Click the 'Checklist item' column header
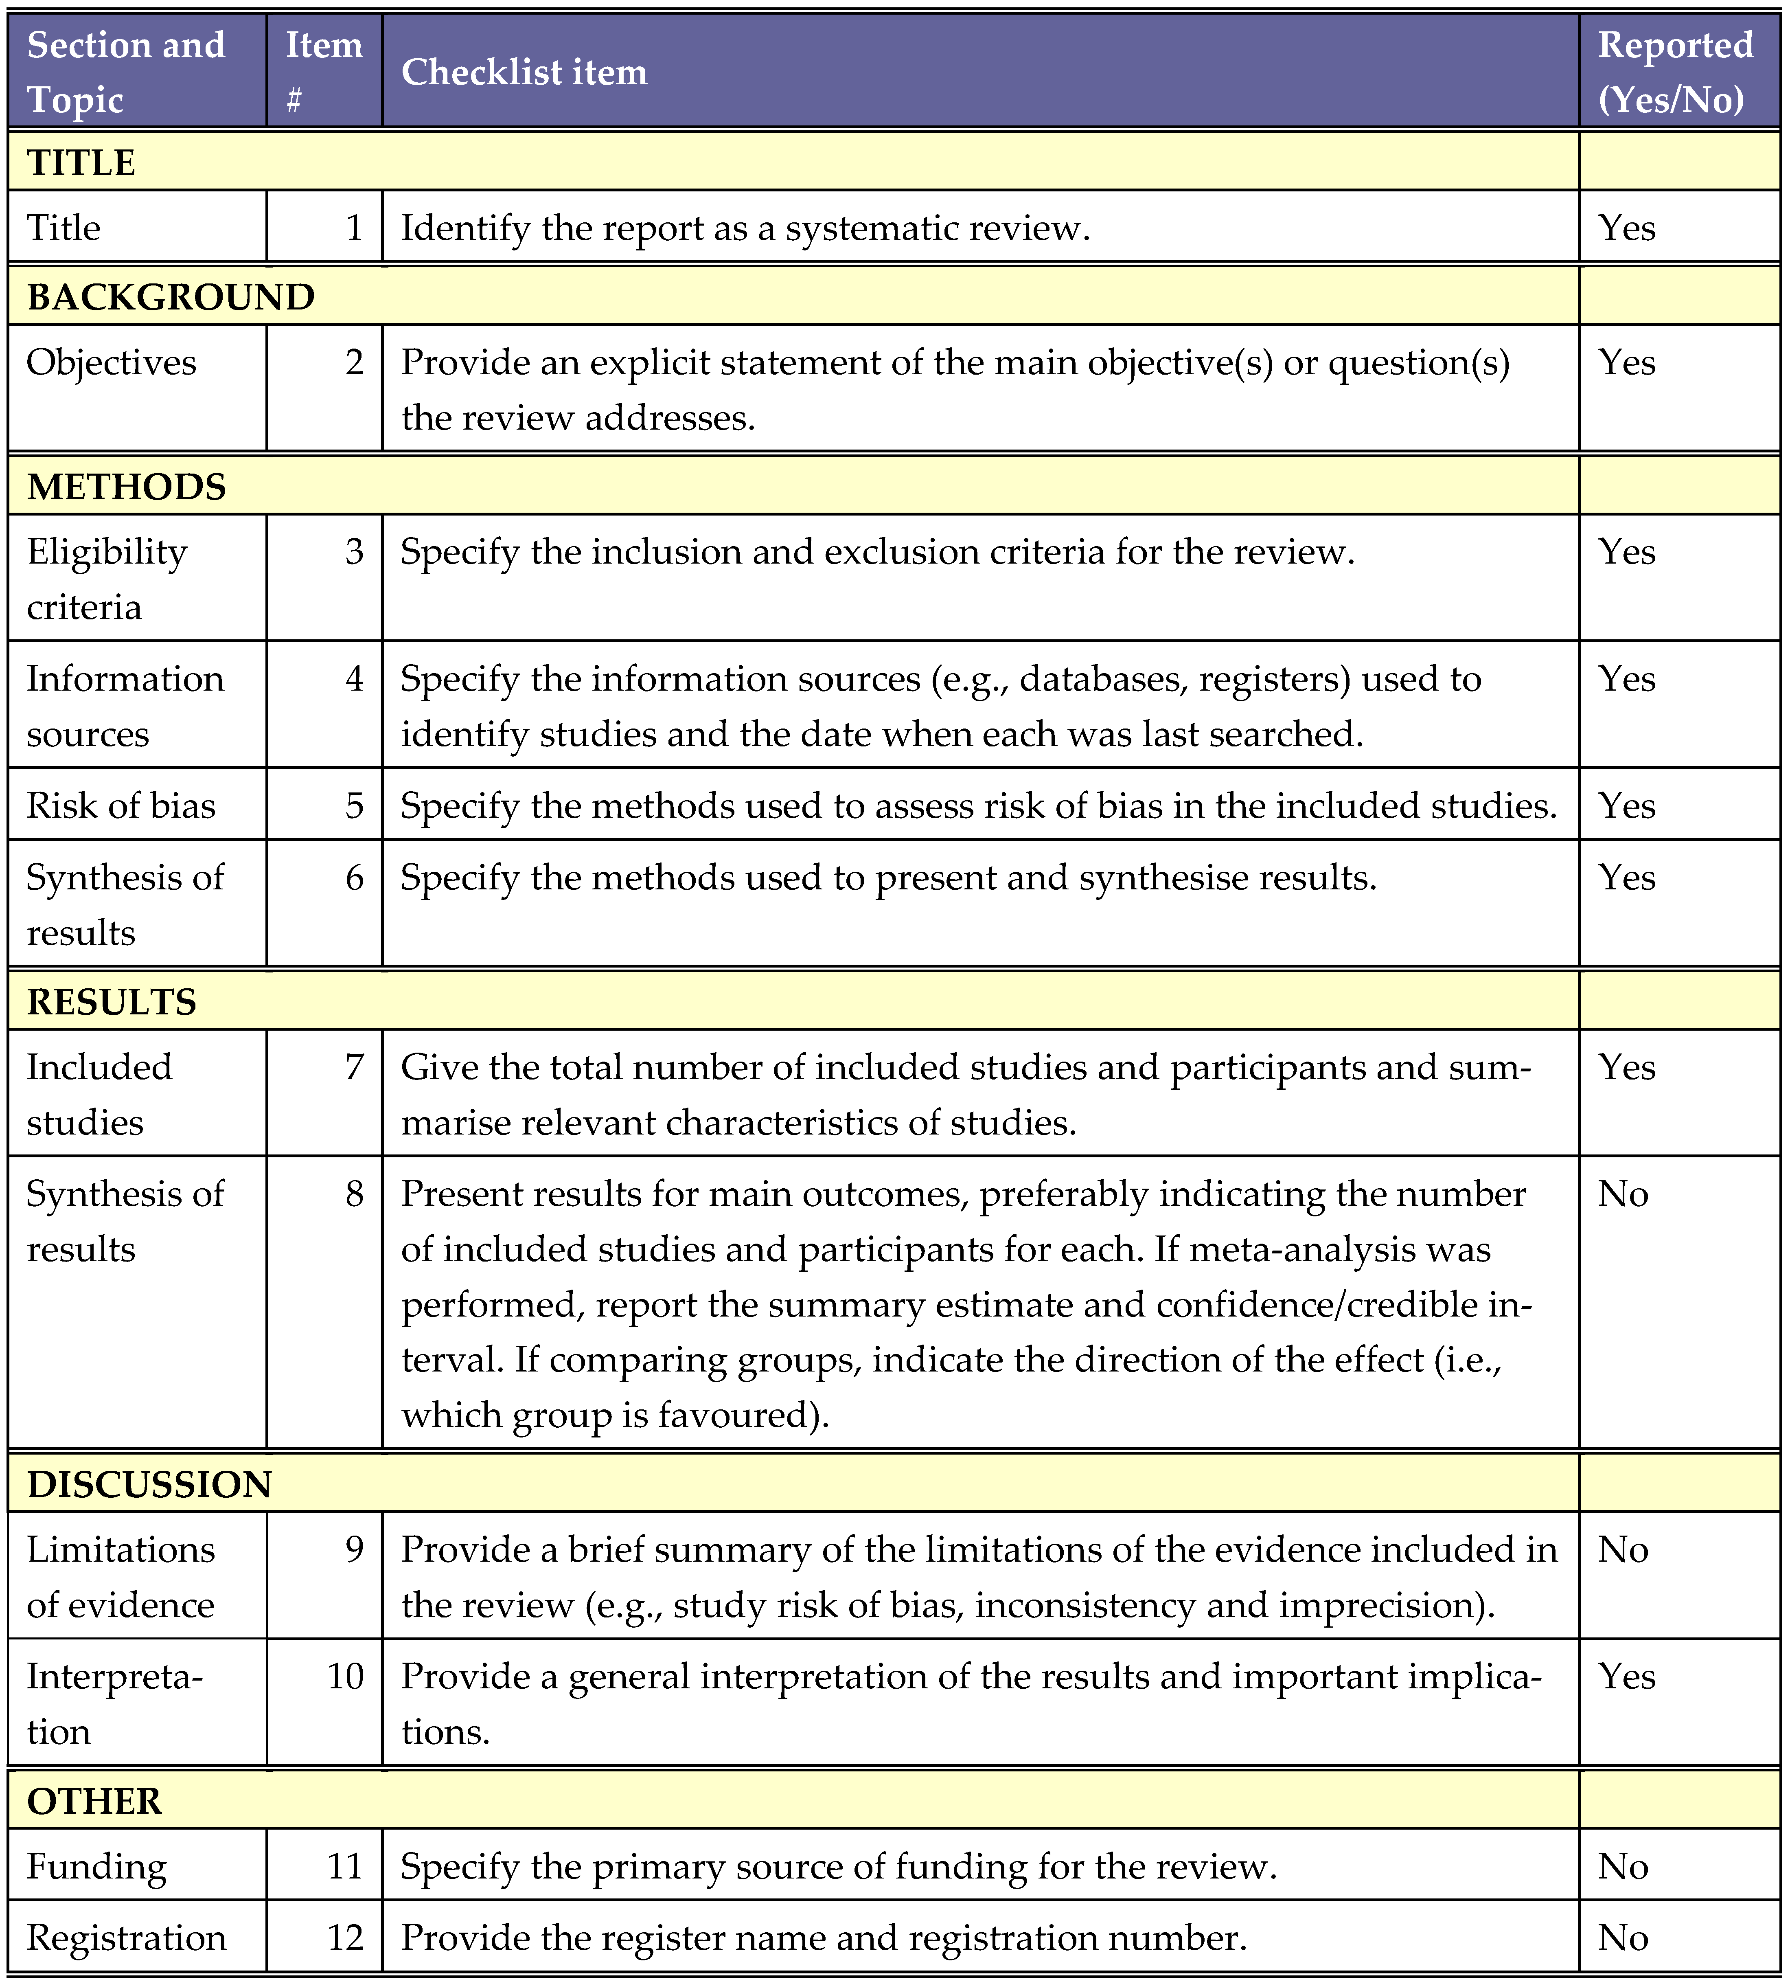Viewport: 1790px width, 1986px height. [x=524, y=72]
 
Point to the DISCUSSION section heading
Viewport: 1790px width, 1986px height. [x=149, y=1483]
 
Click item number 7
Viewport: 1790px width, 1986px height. [x=354, y=1067]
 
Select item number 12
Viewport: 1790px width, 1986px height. [x=345, y=1938]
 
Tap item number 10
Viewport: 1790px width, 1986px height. [x=345, y=1676]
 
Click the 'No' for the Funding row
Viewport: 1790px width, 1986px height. [x=1623, y=1866]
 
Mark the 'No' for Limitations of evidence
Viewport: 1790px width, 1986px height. [x=1623, y=1549]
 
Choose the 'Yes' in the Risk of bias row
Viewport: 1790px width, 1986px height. [x=1627, y=805]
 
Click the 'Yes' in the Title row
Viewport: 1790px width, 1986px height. [x=1627, y=228]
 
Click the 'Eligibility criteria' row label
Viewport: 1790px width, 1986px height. [x=106, y=579]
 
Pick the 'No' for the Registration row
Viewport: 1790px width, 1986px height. [x=1623, y=1938]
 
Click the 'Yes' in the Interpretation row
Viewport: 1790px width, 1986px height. [x=1627, y=1676]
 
